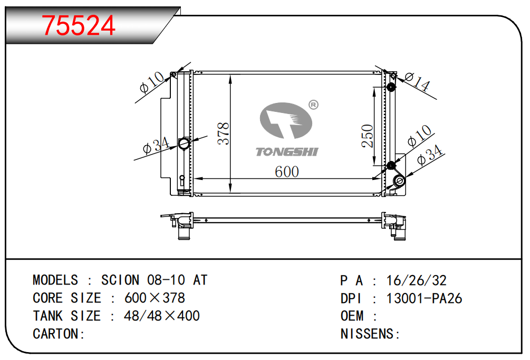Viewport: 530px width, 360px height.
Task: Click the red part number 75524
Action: click(79, 25)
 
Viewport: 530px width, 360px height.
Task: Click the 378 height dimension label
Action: click(224, 134)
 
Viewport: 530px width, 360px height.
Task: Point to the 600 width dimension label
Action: click(287, 172)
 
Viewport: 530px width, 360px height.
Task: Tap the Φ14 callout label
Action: click(417, 81)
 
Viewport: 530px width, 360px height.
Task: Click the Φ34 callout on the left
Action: click(156, 146)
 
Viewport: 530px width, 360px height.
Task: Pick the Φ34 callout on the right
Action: click(430, 155)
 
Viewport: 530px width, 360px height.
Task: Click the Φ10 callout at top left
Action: click(152, 82)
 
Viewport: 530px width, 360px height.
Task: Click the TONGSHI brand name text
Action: click(287, 152)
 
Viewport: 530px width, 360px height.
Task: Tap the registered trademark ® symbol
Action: click(313, 105)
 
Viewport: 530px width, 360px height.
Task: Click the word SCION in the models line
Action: click(120, 280)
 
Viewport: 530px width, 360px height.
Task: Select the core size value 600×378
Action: click(155, 298)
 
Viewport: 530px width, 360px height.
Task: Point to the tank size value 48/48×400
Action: click(162, 316)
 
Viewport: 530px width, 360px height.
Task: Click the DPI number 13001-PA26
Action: click(424, 298)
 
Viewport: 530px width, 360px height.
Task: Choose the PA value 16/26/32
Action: click(417, 280)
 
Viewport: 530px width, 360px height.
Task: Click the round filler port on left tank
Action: click(184, 143)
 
